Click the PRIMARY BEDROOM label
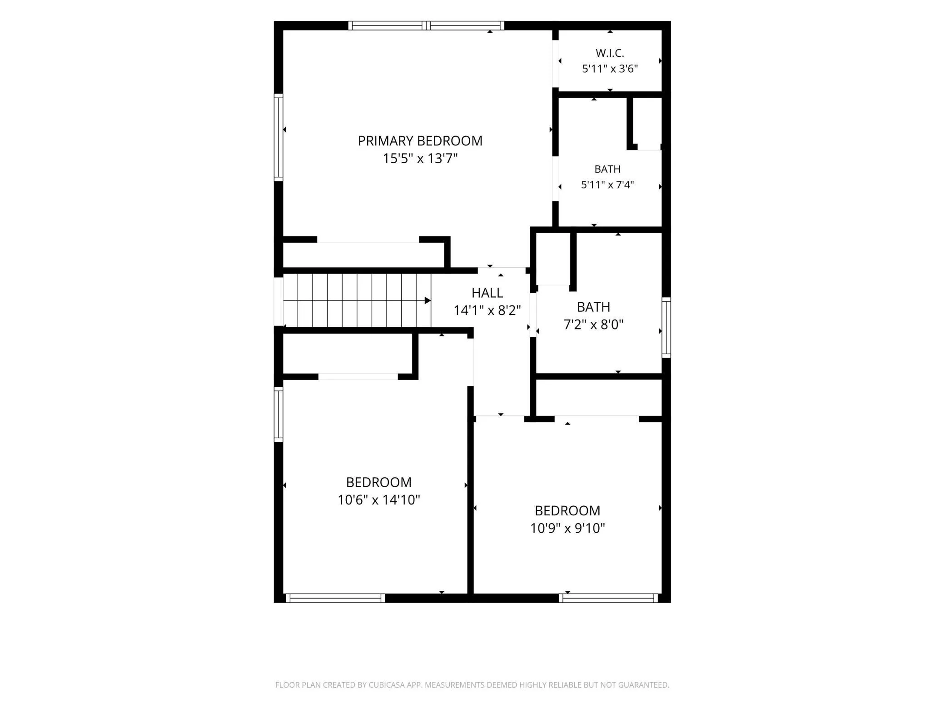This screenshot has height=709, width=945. [x=420, y=141]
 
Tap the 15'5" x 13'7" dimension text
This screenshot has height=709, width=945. [x=420, y=159]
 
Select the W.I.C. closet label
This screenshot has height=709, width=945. [x=610, y=53]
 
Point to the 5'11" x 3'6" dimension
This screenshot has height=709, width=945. [x=610, y=69]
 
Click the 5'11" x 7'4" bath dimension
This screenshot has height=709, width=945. [x=607, y=185]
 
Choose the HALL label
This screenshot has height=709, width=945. [x=487, y=293]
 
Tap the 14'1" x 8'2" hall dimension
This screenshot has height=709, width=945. [x=487, y=310]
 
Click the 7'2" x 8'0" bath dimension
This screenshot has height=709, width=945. [x=593, y=325]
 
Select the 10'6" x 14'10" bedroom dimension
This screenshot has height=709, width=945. [x=378, y=500]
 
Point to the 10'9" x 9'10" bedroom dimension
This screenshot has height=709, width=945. [x=567, y=528]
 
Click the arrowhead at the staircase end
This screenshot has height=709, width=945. [x=428, y=300]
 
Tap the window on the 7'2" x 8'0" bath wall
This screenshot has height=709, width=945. [x=666, y=327]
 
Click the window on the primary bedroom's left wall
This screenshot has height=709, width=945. [x=279, y=137]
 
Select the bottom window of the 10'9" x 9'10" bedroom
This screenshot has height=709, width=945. [x=608, y=598]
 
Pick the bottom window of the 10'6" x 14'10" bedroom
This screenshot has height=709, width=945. [x=335, y=598]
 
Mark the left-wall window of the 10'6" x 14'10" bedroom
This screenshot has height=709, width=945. [x=279, y=414]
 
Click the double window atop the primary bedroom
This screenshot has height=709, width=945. [x=426, y=25]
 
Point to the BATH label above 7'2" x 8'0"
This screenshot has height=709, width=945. [x=593, y=307]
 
